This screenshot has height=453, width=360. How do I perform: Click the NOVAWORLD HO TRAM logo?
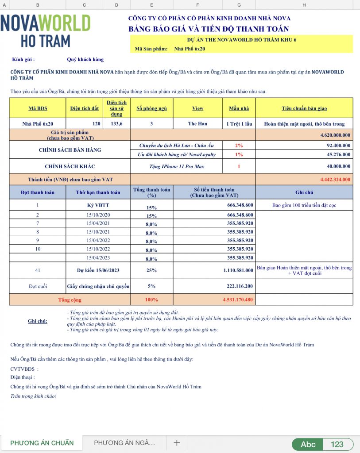tap(46, 31)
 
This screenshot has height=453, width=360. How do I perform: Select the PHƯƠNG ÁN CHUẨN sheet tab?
tap(42, 443)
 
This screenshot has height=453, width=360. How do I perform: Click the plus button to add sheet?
tap(177, 443)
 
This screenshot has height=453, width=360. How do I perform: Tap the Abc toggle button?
tap(308, 444)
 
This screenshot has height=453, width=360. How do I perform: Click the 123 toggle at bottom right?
tap(337, 444)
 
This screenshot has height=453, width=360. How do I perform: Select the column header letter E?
tap(152, 4)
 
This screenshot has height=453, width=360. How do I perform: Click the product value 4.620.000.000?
tap(335, 135)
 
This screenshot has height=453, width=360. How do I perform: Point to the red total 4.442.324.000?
tap(335, 179)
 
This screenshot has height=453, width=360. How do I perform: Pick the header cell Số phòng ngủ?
tap(151, 108)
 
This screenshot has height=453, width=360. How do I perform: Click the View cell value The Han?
tap(197, 123)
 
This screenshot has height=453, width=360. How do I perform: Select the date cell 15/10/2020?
tap(98, 215)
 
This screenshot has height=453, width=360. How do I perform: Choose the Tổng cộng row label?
tap(70, 300)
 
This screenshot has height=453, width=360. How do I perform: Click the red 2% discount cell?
tap(239, 145)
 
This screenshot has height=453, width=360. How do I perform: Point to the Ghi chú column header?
tap(304, 192)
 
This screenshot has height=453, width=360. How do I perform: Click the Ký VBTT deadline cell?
tap(98, 205)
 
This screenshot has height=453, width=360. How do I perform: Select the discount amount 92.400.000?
tap(336, 145)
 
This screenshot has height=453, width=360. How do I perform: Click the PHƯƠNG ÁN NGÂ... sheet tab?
tap(124, 443)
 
